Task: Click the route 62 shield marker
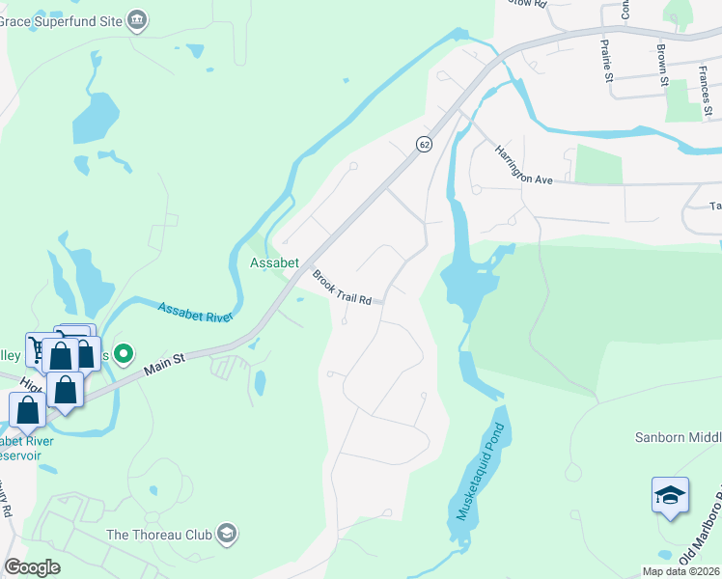click(x=424, y=144)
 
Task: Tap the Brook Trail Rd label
click(x=342, y=288)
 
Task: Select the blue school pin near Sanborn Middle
click(x=670, y=496)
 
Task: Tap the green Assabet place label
click(x=275, y=262)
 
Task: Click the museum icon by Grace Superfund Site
click(x=137, y=19)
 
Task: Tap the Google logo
click(x=32, y=567)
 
